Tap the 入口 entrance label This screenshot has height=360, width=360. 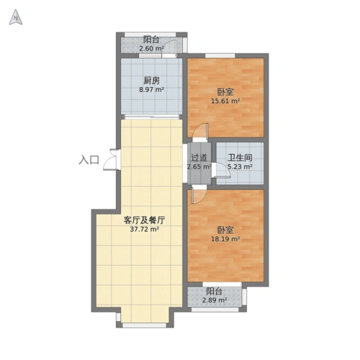click(x=89, y=161)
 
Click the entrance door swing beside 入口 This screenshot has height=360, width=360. click(x=110, y=160)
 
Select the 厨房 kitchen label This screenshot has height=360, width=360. click(x=151, y=80)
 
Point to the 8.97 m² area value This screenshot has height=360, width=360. click(x=151, y=90)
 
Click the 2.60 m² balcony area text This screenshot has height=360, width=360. click(x=151, y=49)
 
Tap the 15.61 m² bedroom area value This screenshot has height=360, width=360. click(x=225, y=102)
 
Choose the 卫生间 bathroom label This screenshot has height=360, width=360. click(x=240, y=157)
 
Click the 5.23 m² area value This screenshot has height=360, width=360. click(x=240, y=166)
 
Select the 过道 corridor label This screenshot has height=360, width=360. click(x=199, y=157)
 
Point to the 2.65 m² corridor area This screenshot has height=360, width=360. click(x=199, y=166)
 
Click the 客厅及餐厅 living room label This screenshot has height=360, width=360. click(x=144, y=220)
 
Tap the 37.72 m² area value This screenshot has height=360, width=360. click(x=144, y=230)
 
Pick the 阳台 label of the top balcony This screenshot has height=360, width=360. click(x=151, y=40)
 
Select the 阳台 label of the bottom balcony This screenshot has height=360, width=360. click(x=214, y=291)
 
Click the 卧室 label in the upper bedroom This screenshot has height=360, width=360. click(x=225, y=91)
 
